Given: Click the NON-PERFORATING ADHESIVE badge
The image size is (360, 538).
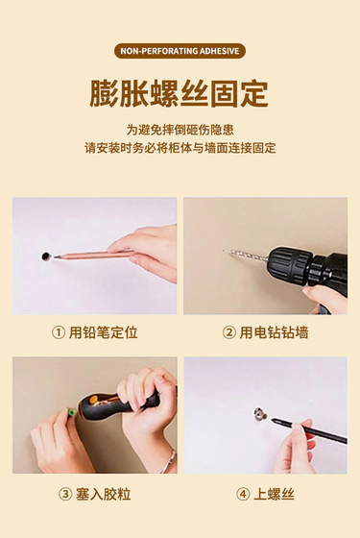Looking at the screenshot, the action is tap(180, 51).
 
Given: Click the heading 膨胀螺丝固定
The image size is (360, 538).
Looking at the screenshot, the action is tap(179, 94).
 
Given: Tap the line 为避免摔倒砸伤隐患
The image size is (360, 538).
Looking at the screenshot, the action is tap(180, 130).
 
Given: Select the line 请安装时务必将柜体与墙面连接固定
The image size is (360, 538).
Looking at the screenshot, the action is tap(180, 148).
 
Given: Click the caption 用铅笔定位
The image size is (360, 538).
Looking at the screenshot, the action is tap(104, 332).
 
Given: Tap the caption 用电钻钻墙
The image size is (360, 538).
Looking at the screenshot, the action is tap(274, 332).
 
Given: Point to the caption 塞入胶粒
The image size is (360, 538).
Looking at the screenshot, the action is tap(104, 495).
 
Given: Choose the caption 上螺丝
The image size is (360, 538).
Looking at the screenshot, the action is tap(274, 495).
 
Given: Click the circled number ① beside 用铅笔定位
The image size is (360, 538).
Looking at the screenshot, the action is tap(58, 332).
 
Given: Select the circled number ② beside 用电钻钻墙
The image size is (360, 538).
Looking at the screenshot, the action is tap(228, 332).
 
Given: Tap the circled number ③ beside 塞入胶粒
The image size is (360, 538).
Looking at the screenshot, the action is tap(65, 495).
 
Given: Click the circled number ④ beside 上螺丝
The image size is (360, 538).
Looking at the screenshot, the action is tap(243, 495).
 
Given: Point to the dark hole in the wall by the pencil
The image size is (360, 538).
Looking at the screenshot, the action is tap(46, 256).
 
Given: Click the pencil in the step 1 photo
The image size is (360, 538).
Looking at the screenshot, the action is tap(93, 255).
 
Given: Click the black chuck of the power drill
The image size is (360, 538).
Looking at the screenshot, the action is tap(290, 265).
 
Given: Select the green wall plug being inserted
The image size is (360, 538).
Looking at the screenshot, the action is tap(71, 412).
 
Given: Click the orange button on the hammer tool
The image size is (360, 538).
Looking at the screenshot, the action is tap(93, 400).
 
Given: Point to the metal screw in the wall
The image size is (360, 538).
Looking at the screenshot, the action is tap(260, 414).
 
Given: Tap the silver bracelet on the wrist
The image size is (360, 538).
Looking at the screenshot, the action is tap(169, 461).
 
